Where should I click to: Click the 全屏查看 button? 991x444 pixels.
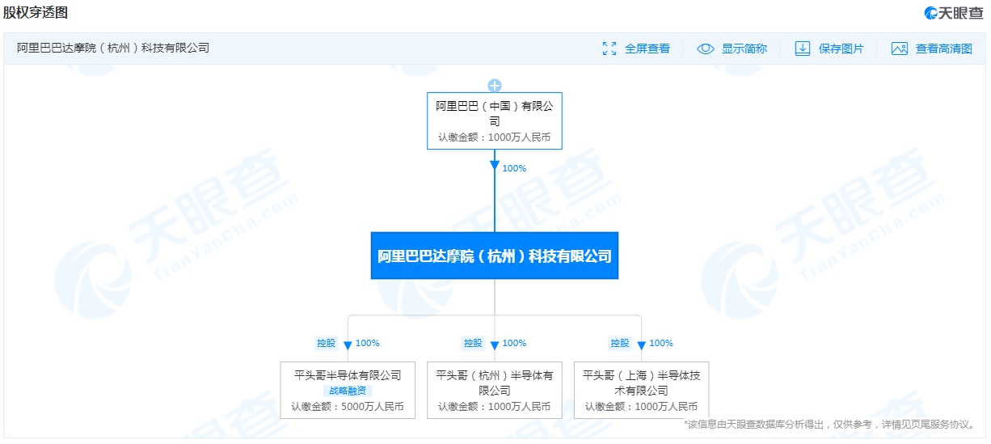pos(636,49)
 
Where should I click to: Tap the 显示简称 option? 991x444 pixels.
pos(732,49)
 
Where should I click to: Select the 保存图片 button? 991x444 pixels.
pos(829,49)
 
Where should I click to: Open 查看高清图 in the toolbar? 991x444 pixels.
pos(932,49)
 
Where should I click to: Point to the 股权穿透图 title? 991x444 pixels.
pos(36,12)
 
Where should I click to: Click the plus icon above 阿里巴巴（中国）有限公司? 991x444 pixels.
pos(495,86)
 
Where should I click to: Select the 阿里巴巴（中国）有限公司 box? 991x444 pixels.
pos(495,121)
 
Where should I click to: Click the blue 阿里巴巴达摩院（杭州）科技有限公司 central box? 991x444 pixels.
pos(495,256)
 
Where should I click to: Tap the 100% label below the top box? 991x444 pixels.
pos(514,168)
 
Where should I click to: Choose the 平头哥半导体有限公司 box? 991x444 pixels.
pos(348,390)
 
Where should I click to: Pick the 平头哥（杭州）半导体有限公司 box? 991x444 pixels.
pos(495,390)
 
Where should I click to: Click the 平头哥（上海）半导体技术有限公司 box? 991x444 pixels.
pos(642,390)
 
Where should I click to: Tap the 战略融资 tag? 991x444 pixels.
pos(348,391)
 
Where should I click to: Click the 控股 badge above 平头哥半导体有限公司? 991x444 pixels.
pos(326,343)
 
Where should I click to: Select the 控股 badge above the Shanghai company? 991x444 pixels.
pos(620,343)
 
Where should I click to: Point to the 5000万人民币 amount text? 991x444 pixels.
pos(373,406)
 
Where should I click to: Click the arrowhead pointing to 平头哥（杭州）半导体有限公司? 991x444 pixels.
pos(495,345)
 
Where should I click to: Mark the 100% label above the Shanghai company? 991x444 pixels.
pos(661,343)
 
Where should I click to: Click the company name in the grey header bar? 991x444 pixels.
pos(113,48)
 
